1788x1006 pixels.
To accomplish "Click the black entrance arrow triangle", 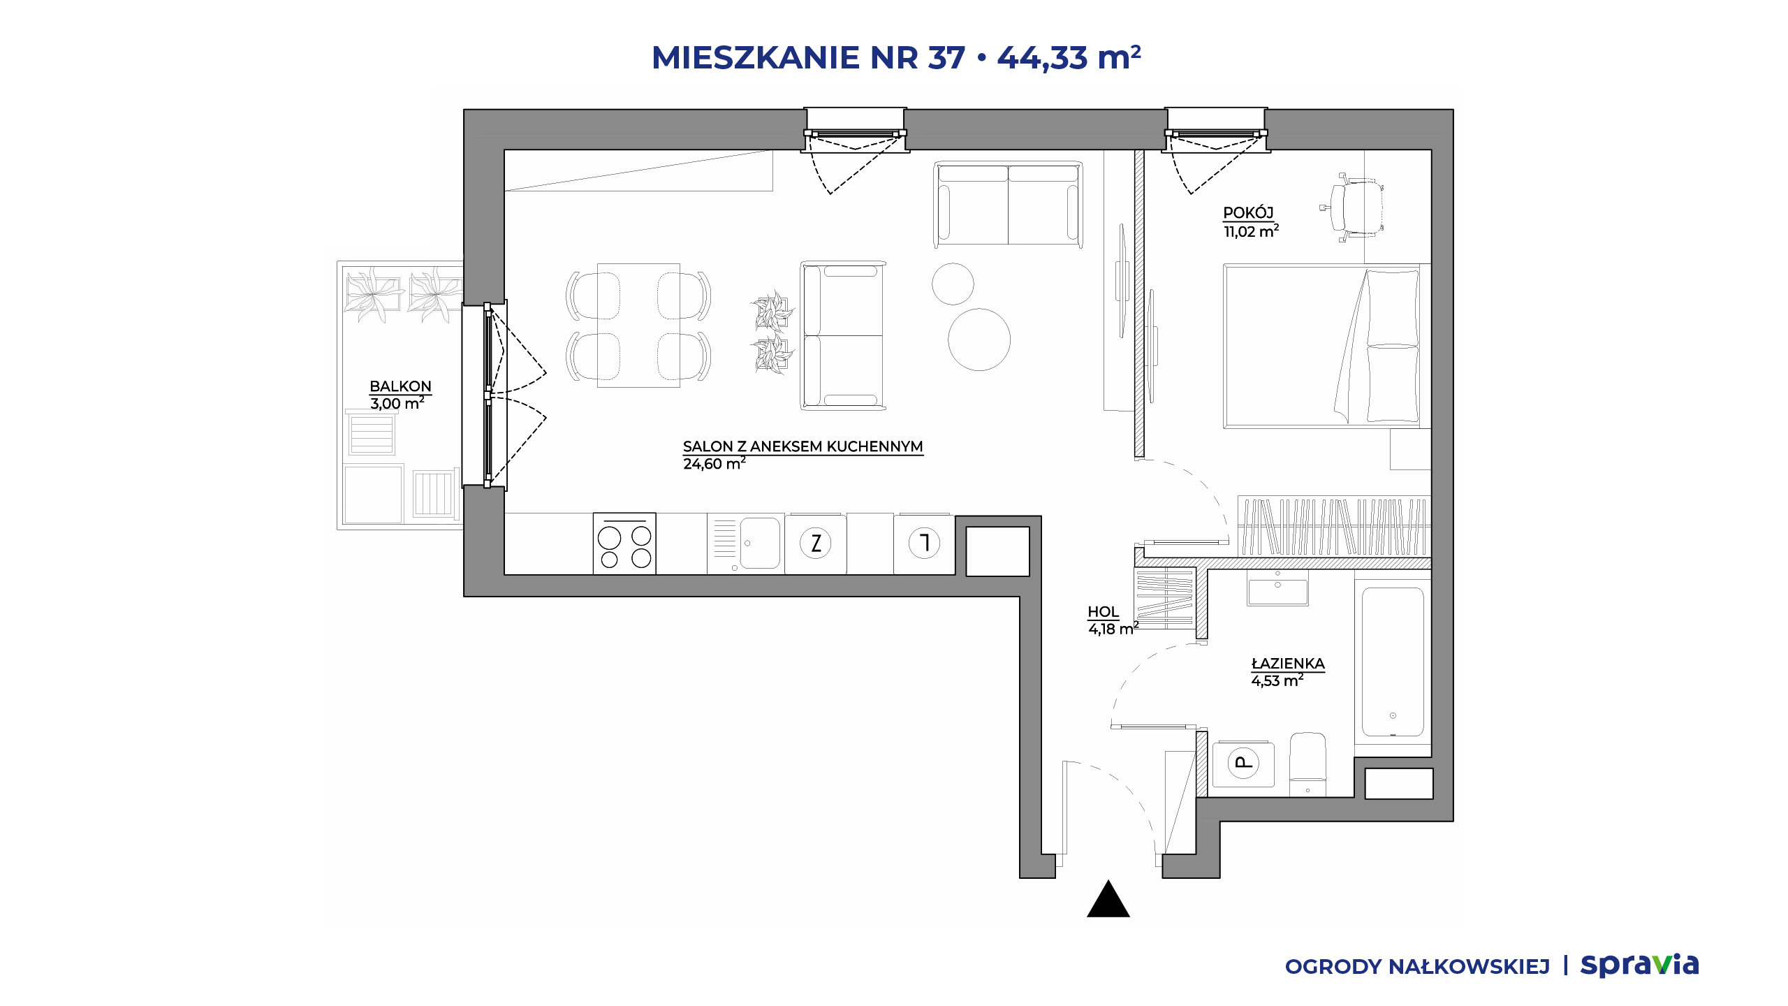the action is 1108,899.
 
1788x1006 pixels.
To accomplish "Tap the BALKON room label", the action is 400,386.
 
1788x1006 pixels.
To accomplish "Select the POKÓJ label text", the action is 1248,213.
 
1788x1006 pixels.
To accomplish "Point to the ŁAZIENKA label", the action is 1288,664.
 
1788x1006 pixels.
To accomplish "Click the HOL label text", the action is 1103,612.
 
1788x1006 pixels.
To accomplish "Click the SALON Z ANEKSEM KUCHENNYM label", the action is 803,446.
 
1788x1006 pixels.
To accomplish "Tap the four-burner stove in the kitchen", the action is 624,544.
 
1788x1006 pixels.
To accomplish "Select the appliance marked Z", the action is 816,544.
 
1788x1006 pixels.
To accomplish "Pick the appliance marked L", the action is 924,544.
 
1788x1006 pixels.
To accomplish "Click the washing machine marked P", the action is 1243,764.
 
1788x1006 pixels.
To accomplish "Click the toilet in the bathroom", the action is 1307,764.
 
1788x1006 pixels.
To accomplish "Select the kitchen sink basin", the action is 759,543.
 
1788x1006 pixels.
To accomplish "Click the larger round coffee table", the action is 979,340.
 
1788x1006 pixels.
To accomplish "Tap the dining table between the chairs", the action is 638,325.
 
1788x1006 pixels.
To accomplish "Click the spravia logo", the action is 1639,965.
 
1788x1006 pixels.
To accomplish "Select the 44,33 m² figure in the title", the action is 1069,57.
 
